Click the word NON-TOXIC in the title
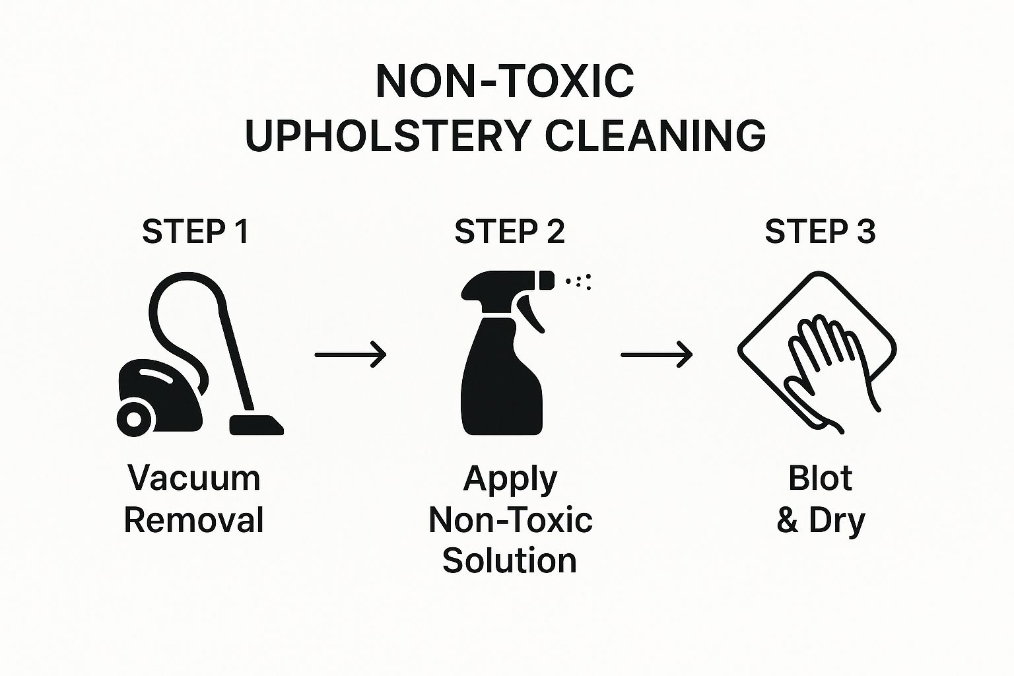(504, 82)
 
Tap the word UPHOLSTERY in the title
(387, 135)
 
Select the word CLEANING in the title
(656, 135)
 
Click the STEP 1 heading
(195, 232)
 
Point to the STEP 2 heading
(509, 232)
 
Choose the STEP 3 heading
(819, 232)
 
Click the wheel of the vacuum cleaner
(134, 418)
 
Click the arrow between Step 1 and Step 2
(350, 355)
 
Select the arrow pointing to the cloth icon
(656, 355)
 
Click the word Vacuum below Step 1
(194, 478)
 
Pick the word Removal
(193, 520)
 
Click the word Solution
(509, 560)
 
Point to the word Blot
(820, 478)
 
